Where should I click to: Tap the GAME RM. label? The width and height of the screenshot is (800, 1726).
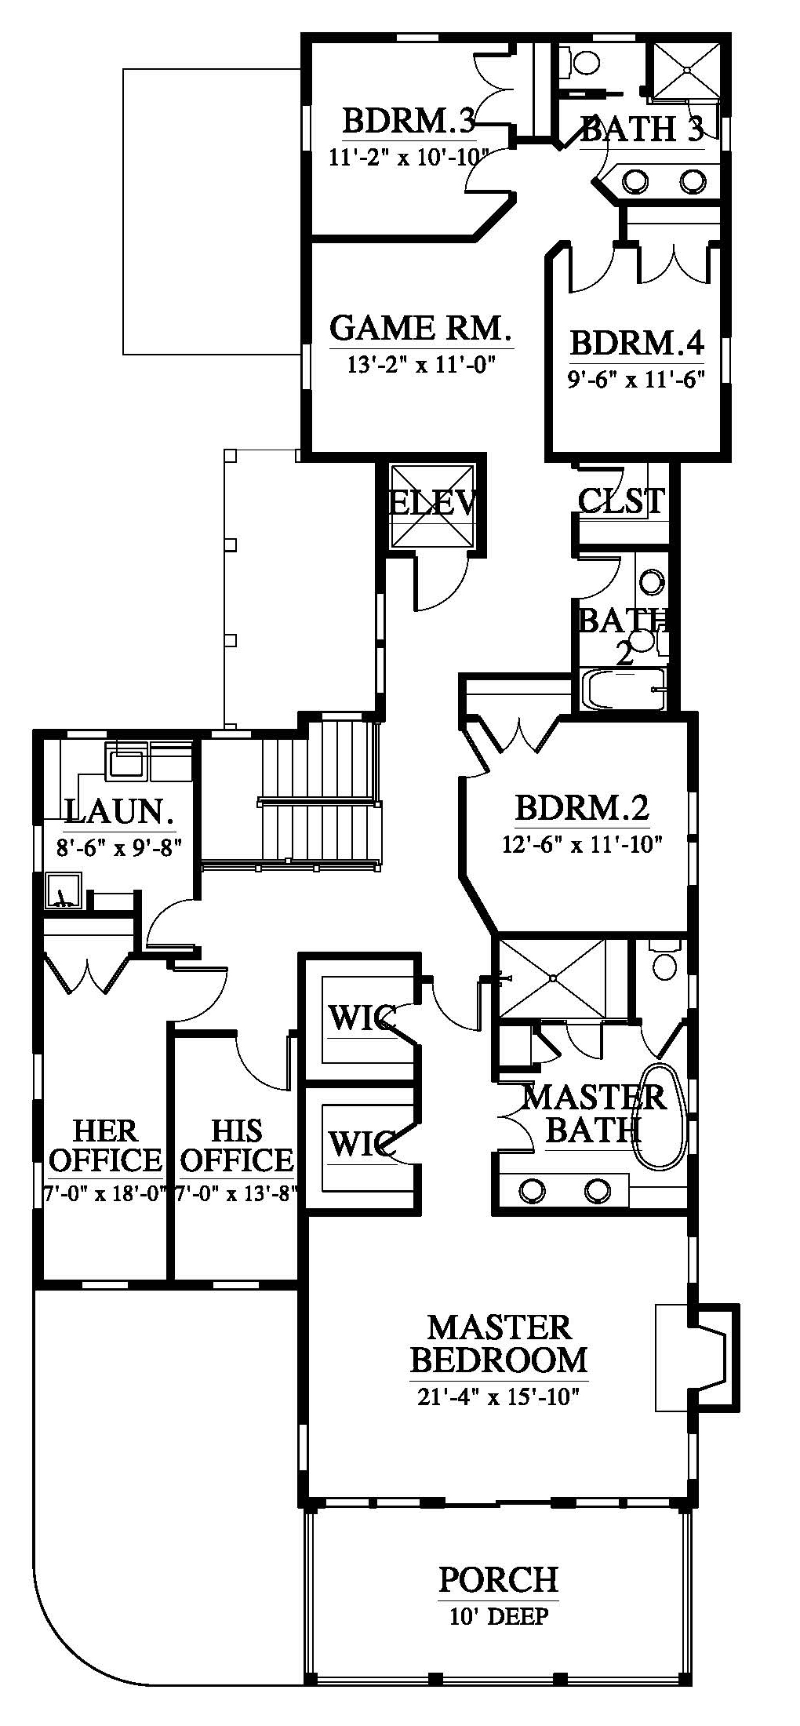point(420,328)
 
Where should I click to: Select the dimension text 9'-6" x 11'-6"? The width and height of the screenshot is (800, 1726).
point(636,380)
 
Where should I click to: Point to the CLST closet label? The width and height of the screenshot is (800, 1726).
point(621,500)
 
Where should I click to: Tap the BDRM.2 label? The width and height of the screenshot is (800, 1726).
point(582,807)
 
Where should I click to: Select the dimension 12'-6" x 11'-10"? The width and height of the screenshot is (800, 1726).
point(582,844)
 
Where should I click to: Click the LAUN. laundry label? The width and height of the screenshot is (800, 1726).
point(119,812)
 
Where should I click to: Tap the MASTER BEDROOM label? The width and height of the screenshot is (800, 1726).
point(499,1344)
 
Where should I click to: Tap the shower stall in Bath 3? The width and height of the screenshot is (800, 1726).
point(686,71)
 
